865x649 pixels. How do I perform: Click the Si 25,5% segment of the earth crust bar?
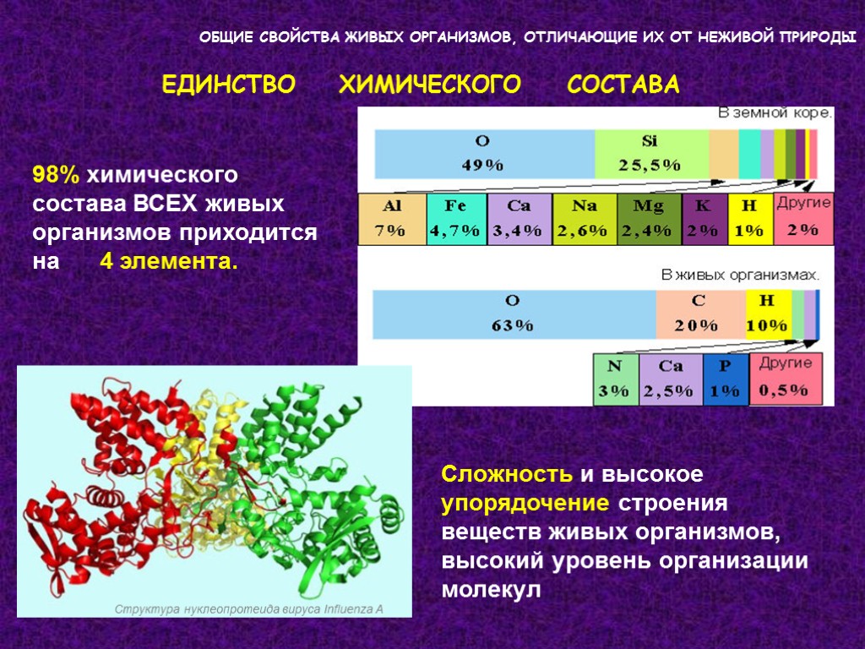[x=650, y=153]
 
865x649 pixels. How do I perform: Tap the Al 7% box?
[x=392, y=219]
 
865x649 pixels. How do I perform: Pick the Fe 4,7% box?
[x=456, y=219]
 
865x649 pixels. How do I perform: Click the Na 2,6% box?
[x=585, y=219]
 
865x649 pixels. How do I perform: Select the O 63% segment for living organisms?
[x=514, y=314]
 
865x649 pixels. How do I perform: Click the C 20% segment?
[x=699, y=314]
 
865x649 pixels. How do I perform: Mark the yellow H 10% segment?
[x=768, y=314]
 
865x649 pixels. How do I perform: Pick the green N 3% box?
[x=614, y=379]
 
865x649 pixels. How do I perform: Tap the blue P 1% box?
[x=725, y=379]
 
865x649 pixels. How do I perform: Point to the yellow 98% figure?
[x=57, y=176]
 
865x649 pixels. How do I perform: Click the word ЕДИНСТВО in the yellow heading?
[x=228, y=85]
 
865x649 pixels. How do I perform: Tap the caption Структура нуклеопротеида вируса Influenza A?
[x=249, y=608]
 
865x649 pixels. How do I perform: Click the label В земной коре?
[x=774, y=112]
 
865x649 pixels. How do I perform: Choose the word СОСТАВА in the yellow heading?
[x=623, y=85]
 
